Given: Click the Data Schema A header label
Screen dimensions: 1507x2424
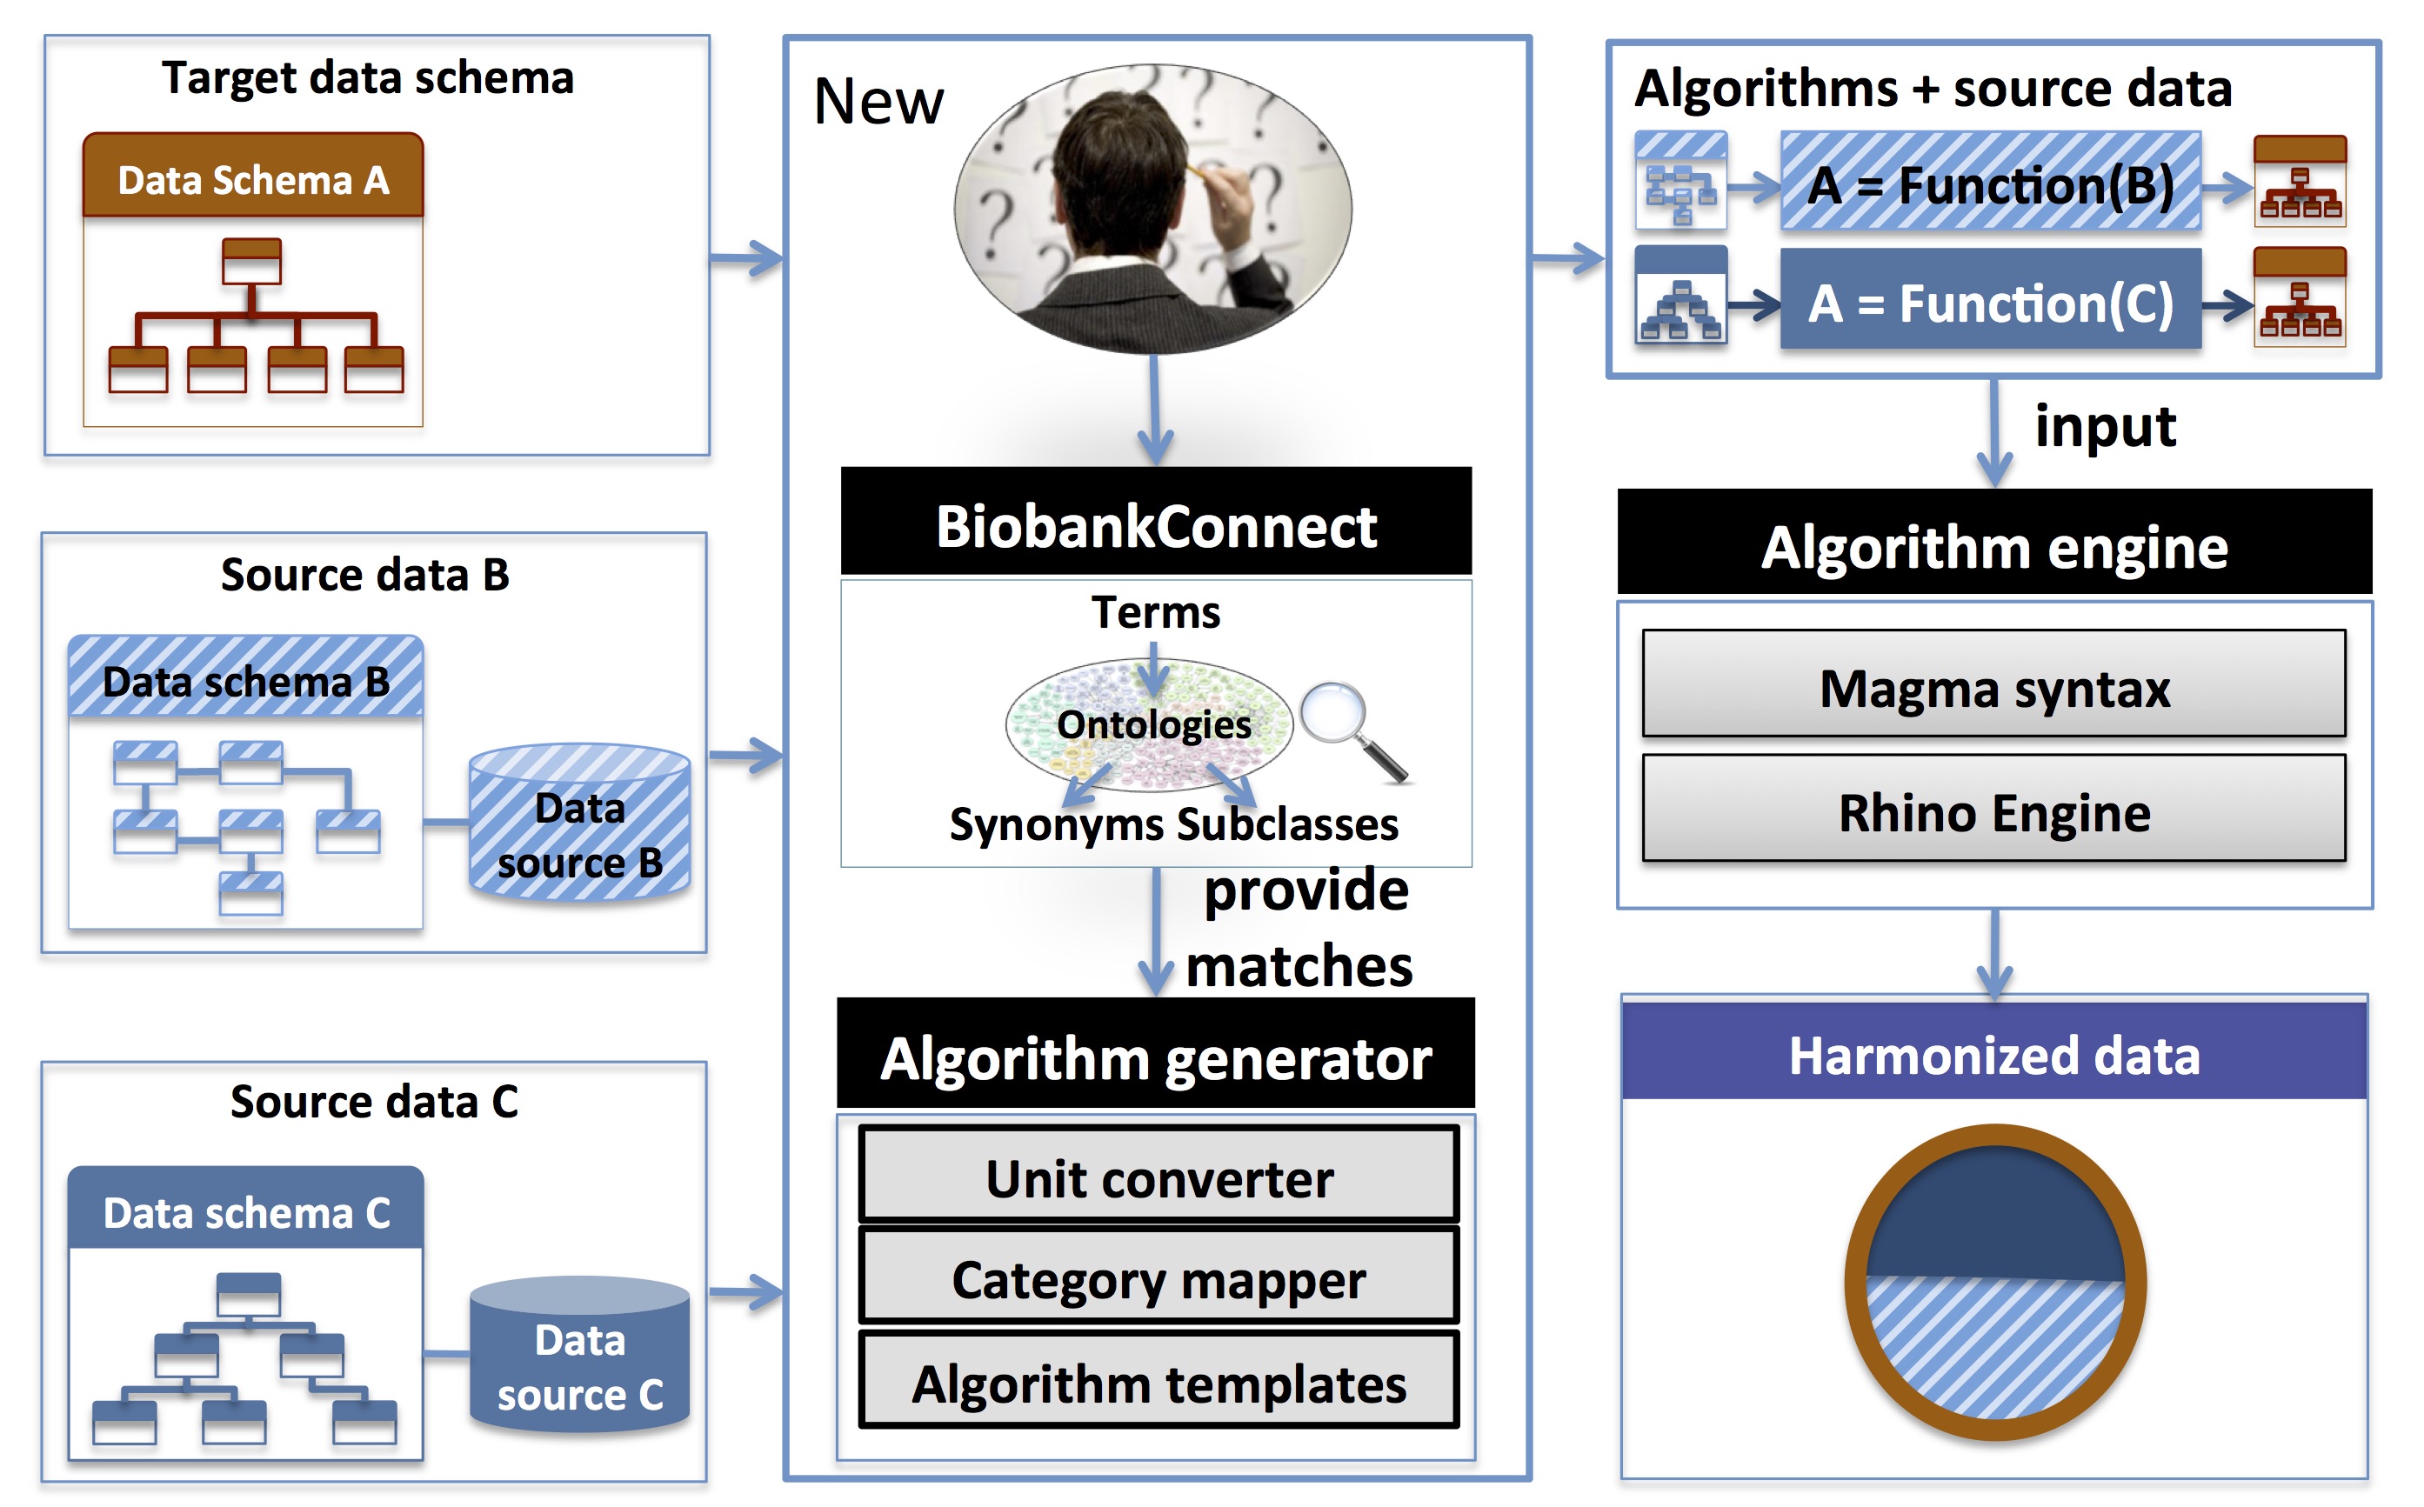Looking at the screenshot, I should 253,179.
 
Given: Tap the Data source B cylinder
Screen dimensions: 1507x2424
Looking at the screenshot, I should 579,827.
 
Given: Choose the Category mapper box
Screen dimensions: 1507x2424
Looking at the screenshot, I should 1159,1279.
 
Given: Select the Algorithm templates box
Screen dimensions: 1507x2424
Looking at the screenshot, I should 1159,1383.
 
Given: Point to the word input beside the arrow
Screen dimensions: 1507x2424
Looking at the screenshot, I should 2104,427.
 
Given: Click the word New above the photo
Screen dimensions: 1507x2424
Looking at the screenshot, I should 877,102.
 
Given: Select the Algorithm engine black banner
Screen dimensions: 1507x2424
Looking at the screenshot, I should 1993,545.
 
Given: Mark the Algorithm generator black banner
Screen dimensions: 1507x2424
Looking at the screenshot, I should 1155,1056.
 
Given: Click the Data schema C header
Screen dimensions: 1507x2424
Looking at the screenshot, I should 246,1212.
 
